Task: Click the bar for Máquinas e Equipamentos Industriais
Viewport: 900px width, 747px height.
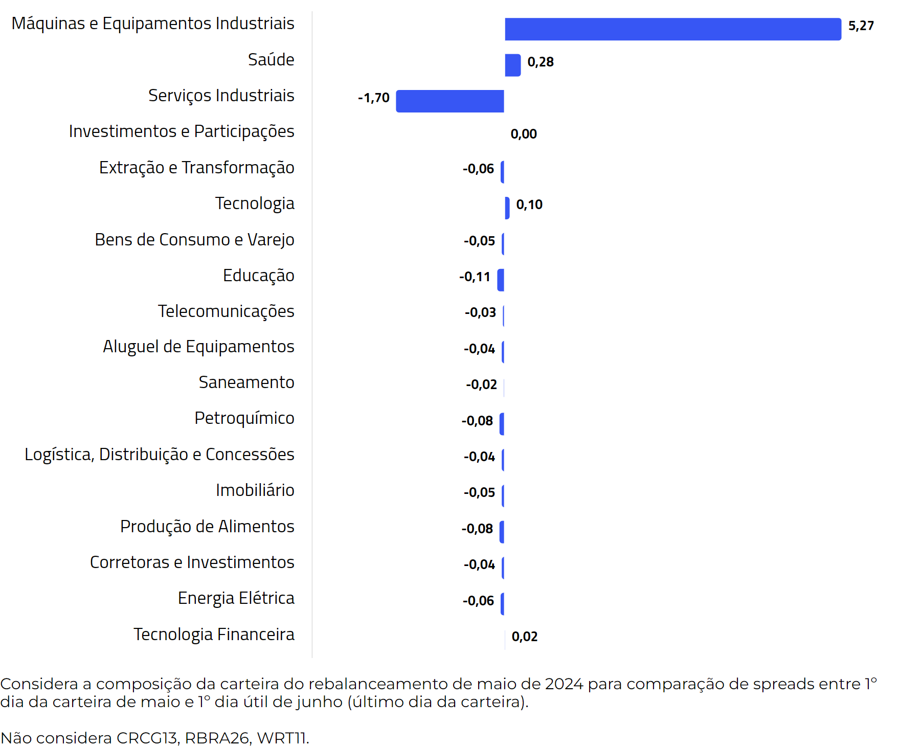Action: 672,29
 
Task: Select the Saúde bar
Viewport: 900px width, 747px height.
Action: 512,65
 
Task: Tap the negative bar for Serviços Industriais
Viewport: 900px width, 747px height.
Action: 450,101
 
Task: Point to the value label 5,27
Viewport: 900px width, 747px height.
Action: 861,26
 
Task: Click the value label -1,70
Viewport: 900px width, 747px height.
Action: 373,98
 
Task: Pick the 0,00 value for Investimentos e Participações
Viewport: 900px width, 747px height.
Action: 524,134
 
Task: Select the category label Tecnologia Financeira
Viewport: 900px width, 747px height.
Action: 214,634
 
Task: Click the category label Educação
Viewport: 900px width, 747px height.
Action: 258,275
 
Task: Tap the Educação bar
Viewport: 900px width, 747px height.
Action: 501,280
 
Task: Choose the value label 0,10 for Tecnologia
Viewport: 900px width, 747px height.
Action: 529,205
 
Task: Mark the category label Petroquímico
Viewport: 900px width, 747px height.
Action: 244,418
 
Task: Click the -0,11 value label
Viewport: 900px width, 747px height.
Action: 475,277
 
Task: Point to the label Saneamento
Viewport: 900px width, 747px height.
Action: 246,382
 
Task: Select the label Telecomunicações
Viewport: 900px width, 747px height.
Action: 226,311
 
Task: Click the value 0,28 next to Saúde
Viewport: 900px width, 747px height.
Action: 541,62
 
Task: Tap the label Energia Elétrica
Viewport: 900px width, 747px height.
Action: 236,598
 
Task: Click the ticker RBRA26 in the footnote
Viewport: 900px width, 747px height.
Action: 216,738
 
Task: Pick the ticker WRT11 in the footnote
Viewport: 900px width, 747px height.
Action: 282,738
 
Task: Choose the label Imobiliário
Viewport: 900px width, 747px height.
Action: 255,490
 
